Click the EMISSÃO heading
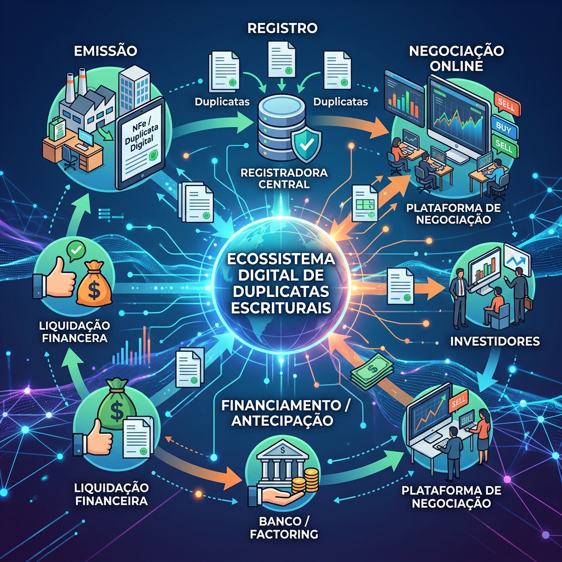tap(105, 50)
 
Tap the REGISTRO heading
tap(283, 28)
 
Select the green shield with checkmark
tap(306, 145)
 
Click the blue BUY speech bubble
tap(504, 127)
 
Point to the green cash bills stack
tap(372, 372)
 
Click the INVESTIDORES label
tap(495, 341)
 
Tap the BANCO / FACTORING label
tap(284, 527)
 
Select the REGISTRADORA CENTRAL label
tap(284, 178)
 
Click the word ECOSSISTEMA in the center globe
tap(282, 259)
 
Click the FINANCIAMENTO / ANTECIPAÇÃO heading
tap(285, 413)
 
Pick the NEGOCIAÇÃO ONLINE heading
tap(456, 58)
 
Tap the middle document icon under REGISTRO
tap(282, 59)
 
